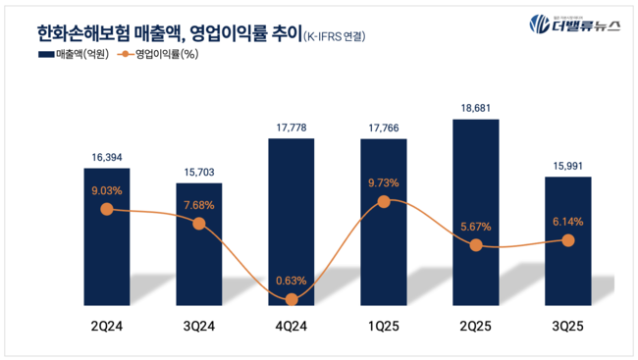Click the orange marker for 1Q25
pos(384,201)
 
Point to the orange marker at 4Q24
pos(292,298)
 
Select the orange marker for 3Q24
pos(199,224)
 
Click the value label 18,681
pos(476,105)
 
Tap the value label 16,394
pos(106,154)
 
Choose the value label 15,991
pos(568,163)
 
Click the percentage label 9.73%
pos(384,182)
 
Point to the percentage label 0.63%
pos(292,280)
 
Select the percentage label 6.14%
pos(568,222)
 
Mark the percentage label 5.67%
pos(476,227)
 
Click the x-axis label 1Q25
pos(384,325)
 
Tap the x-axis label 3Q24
pos(199,325)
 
